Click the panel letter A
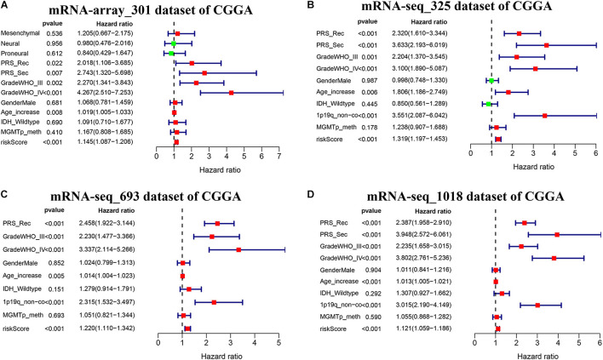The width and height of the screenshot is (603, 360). pyautogui.click(x=7, y=8)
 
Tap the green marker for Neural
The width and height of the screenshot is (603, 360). pyautogui.click(x=173, y=43)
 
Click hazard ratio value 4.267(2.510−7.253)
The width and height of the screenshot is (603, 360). pyautogui.click(x=118, y=93)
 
